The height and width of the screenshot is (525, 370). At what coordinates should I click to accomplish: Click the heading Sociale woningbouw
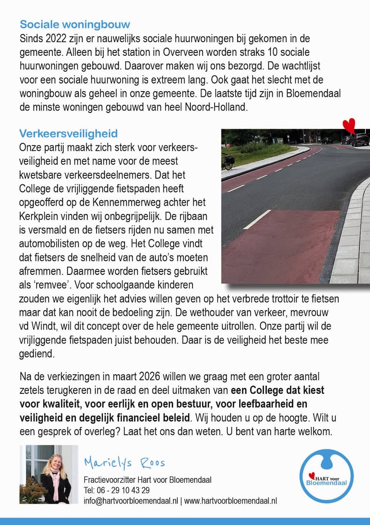(75, 24)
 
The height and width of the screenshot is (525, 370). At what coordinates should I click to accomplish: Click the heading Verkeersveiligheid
(68, 134)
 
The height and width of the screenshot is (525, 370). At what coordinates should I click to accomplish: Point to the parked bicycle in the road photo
(227, 161)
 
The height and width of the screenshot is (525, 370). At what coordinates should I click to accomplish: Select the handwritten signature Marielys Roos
(124, 463)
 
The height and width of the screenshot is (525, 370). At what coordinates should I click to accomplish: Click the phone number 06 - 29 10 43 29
(123, 490)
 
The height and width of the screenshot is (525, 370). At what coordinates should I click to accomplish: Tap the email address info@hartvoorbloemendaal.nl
(131, 500)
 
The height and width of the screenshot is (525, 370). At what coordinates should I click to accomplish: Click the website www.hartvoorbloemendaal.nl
(231, 500)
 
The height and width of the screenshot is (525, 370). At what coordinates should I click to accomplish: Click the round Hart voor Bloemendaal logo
(326, 477)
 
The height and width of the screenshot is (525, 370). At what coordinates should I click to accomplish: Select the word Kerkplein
(39, 216)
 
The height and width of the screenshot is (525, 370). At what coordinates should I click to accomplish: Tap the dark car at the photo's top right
(360, 140)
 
